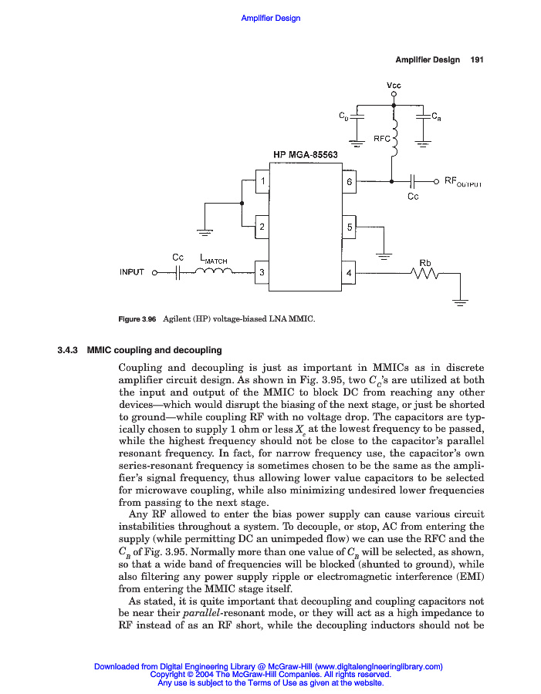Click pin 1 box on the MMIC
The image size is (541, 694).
[x=263, y=182]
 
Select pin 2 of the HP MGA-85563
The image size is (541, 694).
[x=263, y=227]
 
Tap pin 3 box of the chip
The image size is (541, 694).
[x=263, y=272]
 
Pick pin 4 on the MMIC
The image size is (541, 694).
[x=349, y=272]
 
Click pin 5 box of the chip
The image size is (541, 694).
[x=349, y=227]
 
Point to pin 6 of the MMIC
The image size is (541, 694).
[x=349, y=182]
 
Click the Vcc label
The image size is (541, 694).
[x=394, y=85]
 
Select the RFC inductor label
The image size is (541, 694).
[x=382, y=139]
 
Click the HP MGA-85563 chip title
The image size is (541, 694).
[x=306, y=154]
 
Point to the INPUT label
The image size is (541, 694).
[x=132, y=272]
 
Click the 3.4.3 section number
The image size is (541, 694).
[x=69, y=350]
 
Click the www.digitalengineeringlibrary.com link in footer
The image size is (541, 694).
[x=378, y=666]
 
